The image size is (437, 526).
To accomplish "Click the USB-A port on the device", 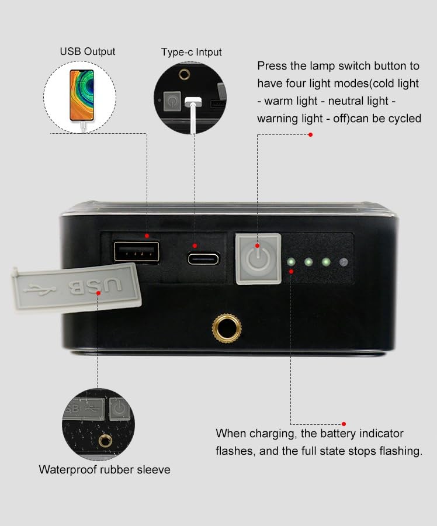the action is coord(137,251).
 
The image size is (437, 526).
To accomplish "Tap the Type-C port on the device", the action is coord(203,259).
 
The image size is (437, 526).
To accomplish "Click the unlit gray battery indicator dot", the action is coord(344,262).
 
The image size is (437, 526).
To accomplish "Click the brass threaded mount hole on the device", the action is coord(227,328).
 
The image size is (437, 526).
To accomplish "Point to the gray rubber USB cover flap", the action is coord(77,287).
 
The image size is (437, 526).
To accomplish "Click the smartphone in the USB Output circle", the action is coord(82,95).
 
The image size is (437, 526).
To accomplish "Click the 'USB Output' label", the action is coord(88,51).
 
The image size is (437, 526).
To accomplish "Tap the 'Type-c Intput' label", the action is coord(191,52).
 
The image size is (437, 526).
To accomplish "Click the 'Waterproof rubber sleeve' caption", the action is coord(105,470).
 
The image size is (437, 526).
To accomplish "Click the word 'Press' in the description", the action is coord(272,65).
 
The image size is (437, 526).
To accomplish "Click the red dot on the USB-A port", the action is coord(147,236).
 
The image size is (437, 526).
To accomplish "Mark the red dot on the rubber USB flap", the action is coord(98,293).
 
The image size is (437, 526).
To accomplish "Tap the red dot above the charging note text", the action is coord(344,424).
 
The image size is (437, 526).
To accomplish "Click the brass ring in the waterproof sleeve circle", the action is coord(106,441).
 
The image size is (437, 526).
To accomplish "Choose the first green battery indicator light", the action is coord(291,262).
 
